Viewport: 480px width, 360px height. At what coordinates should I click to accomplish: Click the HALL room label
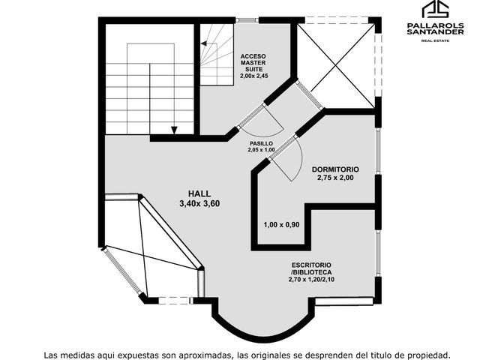199,193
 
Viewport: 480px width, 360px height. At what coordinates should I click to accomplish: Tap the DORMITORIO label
335,169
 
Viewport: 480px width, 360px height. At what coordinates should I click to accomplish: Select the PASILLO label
261,143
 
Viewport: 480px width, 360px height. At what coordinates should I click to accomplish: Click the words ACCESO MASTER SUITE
253,63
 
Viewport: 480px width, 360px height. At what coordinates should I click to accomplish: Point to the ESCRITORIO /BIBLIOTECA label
311,268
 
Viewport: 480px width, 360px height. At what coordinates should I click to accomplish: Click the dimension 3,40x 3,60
199,203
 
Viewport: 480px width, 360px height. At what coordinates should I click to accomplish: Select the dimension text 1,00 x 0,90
282,225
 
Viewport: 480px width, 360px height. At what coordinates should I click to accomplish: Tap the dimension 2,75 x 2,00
335,178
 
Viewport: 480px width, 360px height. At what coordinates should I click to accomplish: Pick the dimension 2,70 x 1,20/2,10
311,279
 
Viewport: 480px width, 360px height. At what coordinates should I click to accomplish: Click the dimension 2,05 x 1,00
261,150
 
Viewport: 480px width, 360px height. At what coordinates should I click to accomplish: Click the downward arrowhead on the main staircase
174,130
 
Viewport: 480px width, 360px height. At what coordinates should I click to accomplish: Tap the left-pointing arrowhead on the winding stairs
204,43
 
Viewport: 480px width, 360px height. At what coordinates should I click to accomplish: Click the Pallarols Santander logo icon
435,10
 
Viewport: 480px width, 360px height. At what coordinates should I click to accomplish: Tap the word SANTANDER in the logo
435,31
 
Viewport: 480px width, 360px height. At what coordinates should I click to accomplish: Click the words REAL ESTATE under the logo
435,40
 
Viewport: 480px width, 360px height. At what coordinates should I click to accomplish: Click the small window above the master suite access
247,20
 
